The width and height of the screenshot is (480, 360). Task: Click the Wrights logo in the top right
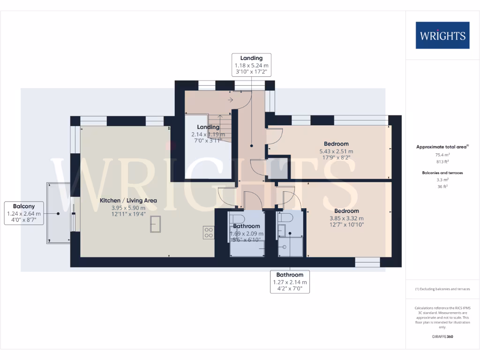[x=442, y=35]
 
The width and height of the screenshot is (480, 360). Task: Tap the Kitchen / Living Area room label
[x=128, y=200]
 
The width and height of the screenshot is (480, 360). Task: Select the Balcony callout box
[x=23, y=213]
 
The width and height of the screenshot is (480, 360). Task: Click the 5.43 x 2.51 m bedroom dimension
[x=336, y=151]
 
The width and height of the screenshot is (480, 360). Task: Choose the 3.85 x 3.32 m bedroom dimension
[x=346, y=218]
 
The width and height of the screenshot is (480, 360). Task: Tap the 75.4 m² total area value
[x=442, y=154]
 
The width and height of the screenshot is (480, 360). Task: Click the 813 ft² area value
[x=442, y=161]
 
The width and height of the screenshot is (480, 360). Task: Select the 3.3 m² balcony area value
[x=442, y=180]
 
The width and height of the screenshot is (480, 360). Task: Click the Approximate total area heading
[x=442, y=147]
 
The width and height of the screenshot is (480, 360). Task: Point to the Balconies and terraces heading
[x=442, y=172]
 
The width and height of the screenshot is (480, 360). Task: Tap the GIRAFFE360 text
[x=442, y=337]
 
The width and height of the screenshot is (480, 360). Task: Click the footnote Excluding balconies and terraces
[x=442, y=289]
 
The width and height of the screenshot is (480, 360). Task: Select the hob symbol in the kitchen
[x=209, y=232]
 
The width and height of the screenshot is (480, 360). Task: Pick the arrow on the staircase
[x=231, y=100]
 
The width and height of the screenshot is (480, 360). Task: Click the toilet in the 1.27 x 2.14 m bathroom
[x=285, y=218]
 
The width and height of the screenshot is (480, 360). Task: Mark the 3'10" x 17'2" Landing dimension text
[x=251, y=73]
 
